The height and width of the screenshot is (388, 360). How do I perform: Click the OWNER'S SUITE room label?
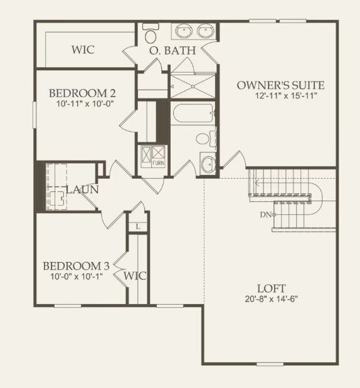point(280,85)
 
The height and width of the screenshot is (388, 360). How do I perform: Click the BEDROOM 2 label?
point(82,94)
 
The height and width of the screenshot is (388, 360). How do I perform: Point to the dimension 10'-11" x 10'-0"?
point(82,105)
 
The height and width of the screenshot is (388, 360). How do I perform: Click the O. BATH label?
point(171,50)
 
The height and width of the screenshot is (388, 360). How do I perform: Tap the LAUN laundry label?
point(82,189)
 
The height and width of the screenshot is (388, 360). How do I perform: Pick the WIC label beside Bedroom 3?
point(135,276)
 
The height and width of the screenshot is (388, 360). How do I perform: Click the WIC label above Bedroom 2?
point(83,50)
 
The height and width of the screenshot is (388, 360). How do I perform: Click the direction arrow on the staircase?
point(257,183)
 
